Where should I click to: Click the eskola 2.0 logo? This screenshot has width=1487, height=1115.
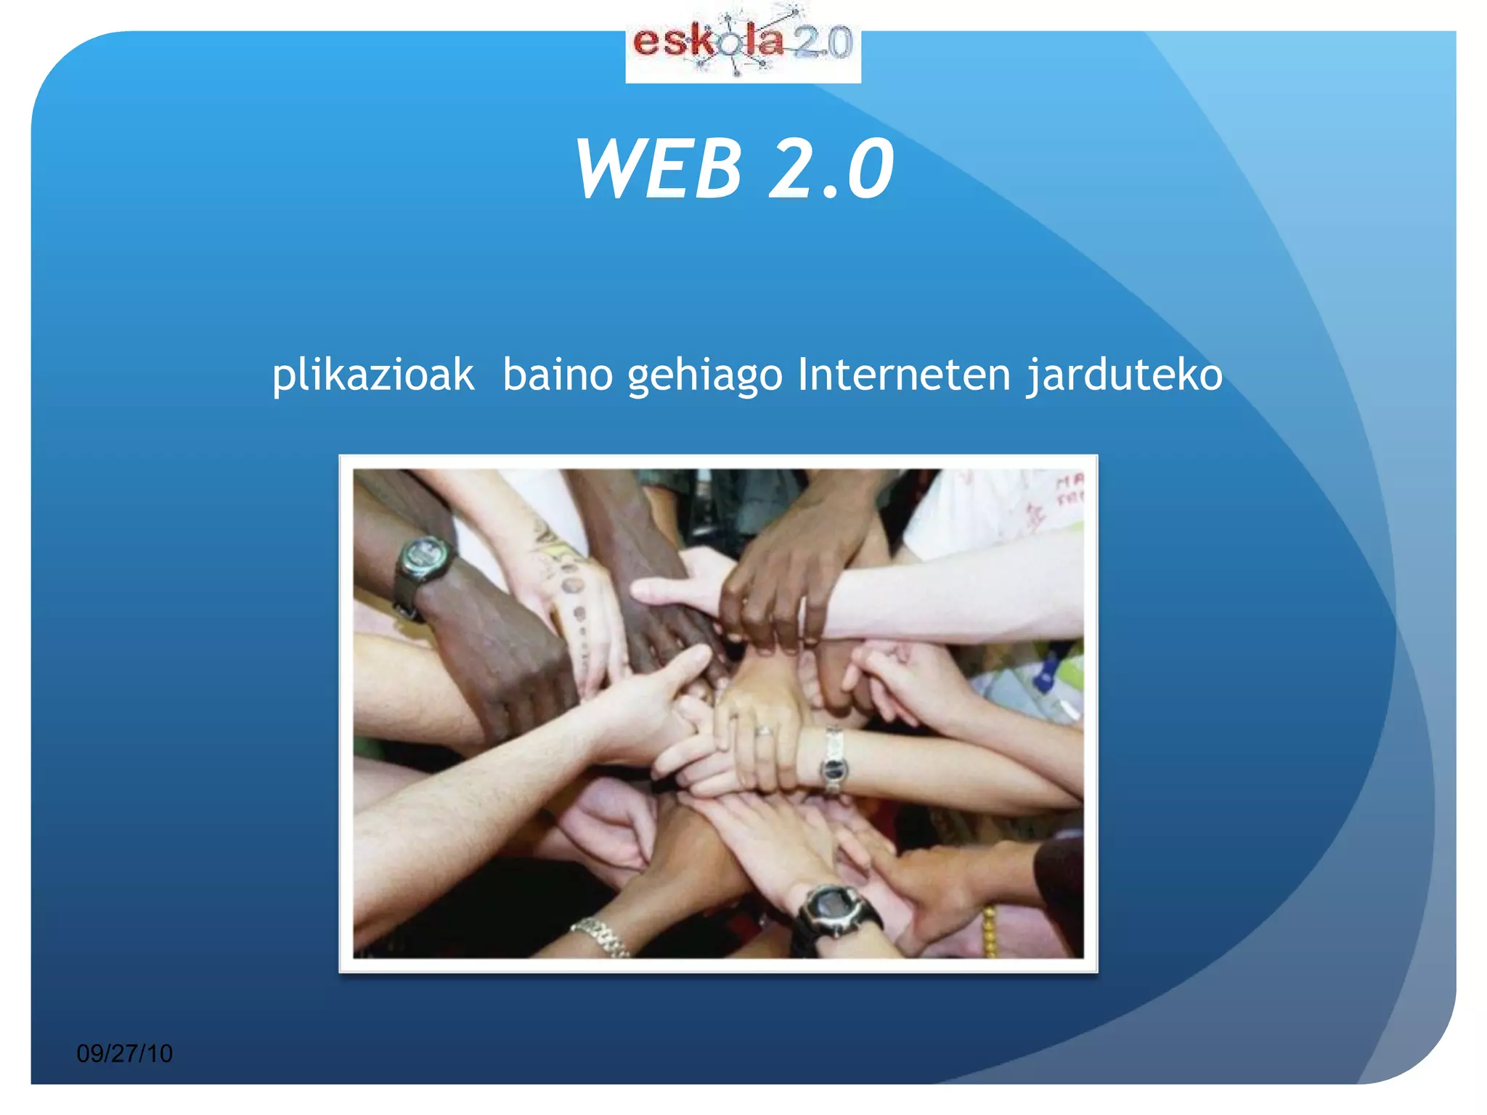coord(743,44)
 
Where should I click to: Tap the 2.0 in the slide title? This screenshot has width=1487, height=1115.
coord(831,168)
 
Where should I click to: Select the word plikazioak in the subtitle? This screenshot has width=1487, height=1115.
coord(373,376)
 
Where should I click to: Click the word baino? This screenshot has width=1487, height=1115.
coord(558,376)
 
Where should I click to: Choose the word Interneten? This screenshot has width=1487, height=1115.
coord(904,375)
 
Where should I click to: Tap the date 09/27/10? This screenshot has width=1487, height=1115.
coord(124,1053)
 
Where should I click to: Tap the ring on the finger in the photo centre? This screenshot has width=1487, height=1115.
coord(762,731)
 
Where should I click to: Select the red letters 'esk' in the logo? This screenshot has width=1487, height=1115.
coord(664,42)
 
